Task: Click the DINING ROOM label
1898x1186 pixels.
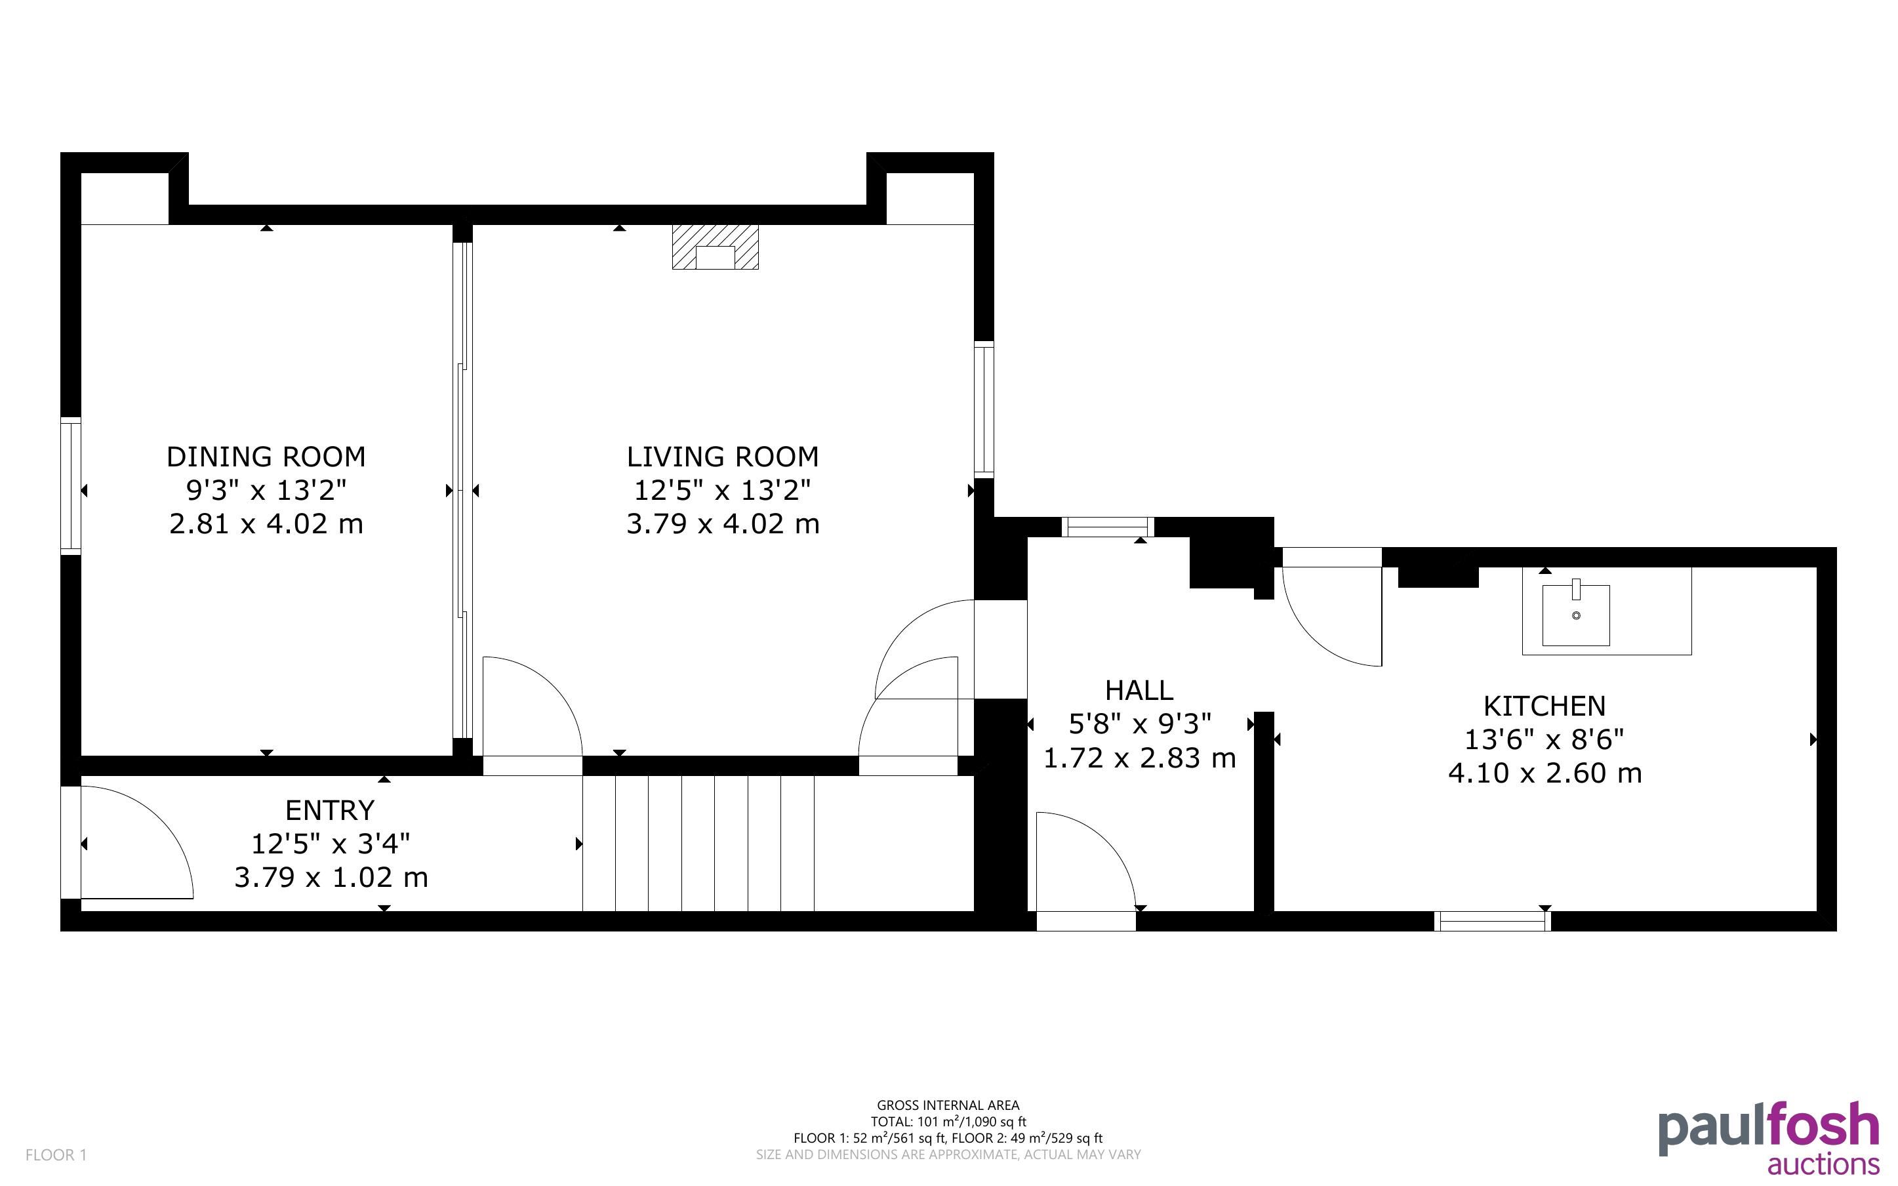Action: click(266, 457)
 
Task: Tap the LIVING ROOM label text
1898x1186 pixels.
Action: click(722, 457)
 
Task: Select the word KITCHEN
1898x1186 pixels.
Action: click(1545, 706)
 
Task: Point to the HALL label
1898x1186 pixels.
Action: click(1139, 690)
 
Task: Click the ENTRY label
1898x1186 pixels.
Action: click(330, 809)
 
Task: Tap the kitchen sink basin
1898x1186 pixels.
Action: click(1576, 614)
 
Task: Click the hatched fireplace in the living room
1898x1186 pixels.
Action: click(715, 247)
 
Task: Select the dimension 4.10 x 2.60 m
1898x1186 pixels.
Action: click(1545, 773)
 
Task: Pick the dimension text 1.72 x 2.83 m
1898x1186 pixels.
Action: click(1139, 758)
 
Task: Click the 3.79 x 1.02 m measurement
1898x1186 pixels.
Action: click(331, 877)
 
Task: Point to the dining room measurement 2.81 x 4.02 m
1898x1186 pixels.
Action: click(266, 523)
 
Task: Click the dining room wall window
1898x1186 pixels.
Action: click(71, 486)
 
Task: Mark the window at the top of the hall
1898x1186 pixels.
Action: click(1108, 527)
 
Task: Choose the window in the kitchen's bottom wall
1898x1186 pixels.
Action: click(1493, 922)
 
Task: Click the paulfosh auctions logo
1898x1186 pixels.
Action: click(1769, 1137)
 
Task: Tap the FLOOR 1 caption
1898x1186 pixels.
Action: click(56, 1155)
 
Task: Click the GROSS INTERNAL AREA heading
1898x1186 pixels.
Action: click(948, 1105)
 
